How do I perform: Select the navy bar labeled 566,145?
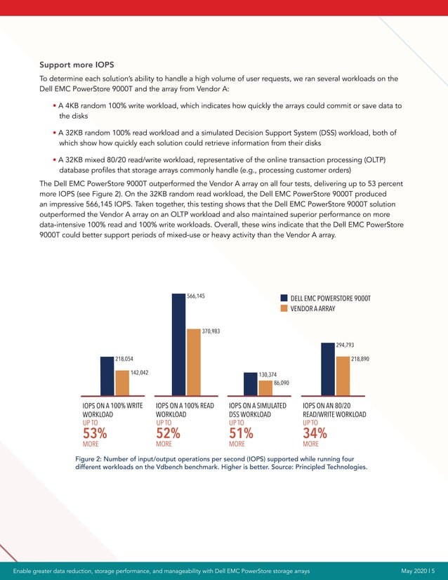(x=178, y=344)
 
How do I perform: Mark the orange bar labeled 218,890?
(x=342, y=376)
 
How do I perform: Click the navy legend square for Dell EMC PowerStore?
(x=284, y=298)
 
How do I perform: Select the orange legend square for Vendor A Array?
(x=284, y=309)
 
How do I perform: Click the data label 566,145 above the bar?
(x=196, y=297)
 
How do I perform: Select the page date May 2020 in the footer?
(x=416, y=570)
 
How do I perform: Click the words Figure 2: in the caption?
(x=90, y=459)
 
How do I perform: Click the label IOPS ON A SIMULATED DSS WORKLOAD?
(x=258, y=410)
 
